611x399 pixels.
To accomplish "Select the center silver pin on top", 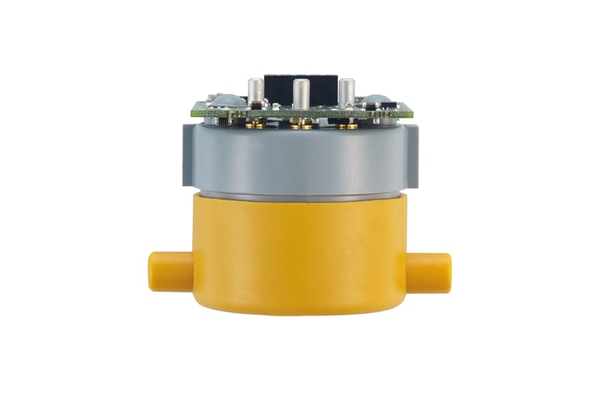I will (x=301, y=95).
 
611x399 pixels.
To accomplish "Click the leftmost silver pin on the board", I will (x=255, y=91).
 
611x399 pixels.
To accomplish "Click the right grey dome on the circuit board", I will (x=376, y=101).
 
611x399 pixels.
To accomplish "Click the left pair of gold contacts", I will (x=255, y=124).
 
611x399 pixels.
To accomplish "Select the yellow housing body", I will (x=299, y=253).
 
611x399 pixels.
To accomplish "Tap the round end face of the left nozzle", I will (x=153, y=271).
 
